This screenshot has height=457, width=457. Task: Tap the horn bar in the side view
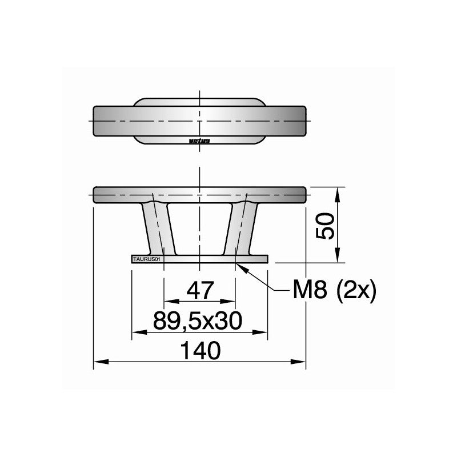[200, 194]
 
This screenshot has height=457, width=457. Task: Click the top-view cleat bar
[200, 122]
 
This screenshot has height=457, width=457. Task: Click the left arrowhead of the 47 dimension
[168, 300]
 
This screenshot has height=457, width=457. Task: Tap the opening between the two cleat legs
[200, 228]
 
